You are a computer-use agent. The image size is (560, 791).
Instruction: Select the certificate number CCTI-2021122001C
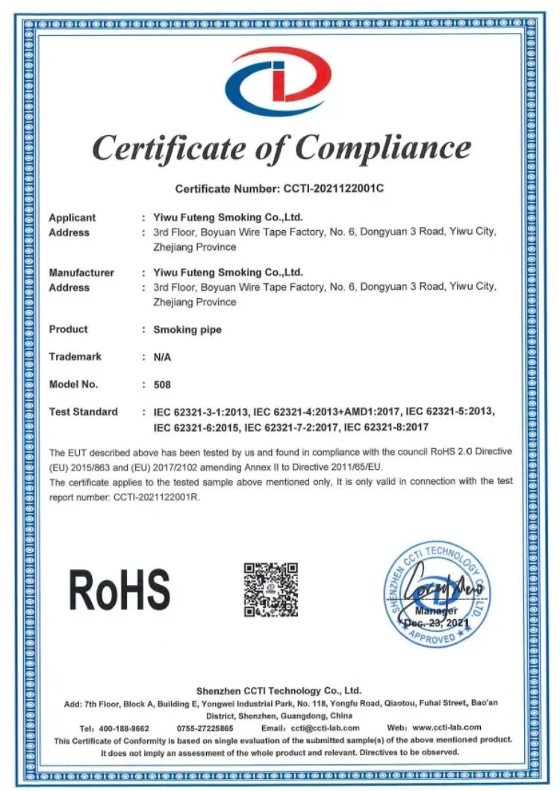(x=333, y=188)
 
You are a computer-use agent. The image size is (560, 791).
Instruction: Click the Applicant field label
(x=72, y=217)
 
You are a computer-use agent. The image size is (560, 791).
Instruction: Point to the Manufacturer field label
(x=81, y=273)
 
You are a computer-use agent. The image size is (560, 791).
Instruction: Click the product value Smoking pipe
(x=187, y=329)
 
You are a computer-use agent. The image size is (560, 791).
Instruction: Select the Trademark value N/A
(x=162, y=357)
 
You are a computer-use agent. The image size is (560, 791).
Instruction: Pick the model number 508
(x=162, y=385)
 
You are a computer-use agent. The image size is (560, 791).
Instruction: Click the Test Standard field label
(x=83, y=412)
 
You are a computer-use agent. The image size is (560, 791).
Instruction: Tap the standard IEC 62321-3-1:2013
(x=201, y=412)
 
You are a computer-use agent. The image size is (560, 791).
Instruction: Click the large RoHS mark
(x=119, y=589)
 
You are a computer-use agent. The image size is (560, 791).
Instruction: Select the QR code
(x=270, y=589)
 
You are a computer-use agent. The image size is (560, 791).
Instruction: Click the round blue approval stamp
(x=438, y=595)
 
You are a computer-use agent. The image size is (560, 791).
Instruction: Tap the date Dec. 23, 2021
(x=438, y=622)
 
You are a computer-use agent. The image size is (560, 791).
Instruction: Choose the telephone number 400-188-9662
(x=124, y=728)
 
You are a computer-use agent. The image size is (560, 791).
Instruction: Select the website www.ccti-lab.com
(x=447, y=728)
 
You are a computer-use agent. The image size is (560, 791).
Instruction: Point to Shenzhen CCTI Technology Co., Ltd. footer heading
(x=279, y=691)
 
